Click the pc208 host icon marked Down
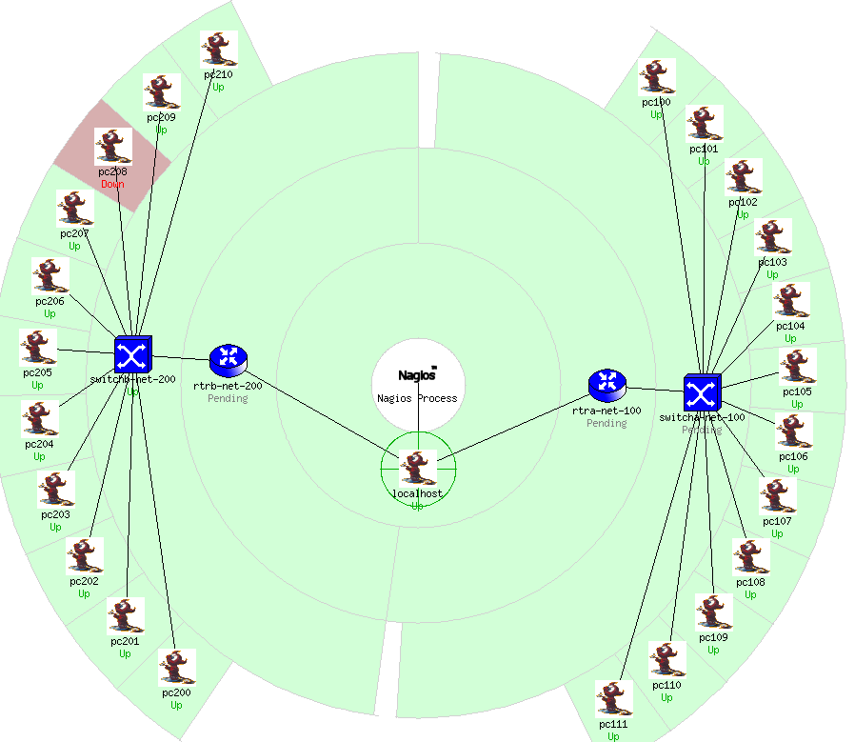pyautogui.click(x=113, y=147)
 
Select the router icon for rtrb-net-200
pyautogui.click(x=229, y=359)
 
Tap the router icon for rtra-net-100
pyautogui.click(x=606, y=385)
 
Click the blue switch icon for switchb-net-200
pyautogui.click(x=132, y=354)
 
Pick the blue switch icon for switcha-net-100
pyautogui.click(x=703, y=393)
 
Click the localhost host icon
pyautogui.click(x=417, y=469)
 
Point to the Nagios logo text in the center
pyautogui.click(x=417, y=373)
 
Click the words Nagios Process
pyautogui.click(x=417, y=398)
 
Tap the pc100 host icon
pyautogui.click(x=656, y=78)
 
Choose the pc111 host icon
pyautogui.click(x=614, y=699)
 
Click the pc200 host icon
pyautogui.click(x=177, y=669)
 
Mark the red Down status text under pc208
pyautogui.click(x=112, y=184)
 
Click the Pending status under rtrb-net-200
pyautogui.click(x=228, y=398)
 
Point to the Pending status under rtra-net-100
pyautogui.click(x=606, y=423)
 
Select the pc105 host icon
pyautogui.click(x=797, y=367)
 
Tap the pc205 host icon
pyautogui.click(x=38, y=349)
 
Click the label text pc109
pyautogui.click(x=713, y=637)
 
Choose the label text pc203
pyautogui.click(x=55, y=514)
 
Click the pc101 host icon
pyautogui.click(x=704, y=125)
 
